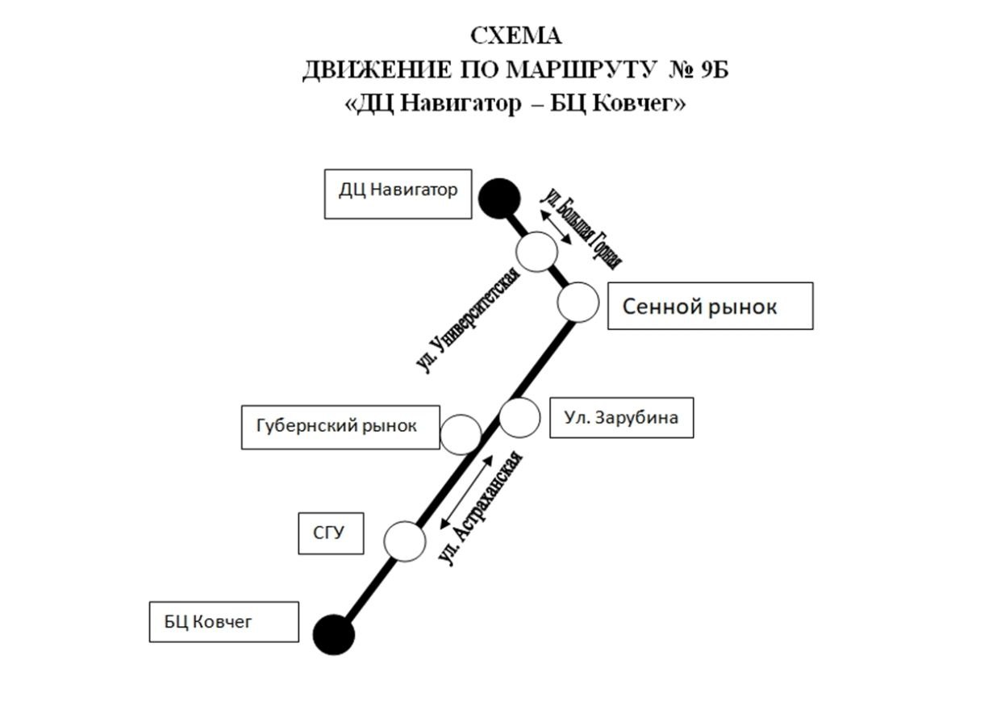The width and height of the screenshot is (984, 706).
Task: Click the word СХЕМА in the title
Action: point(516,36)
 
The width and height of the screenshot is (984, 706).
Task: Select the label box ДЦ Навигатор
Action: point(398,194)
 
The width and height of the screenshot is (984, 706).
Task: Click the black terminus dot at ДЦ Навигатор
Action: point(499,198)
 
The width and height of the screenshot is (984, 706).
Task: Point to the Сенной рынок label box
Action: point(710,306)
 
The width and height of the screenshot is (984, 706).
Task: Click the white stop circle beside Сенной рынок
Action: point(578,303)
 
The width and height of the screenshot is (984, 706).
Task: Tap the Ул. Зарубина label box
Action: point(621,417)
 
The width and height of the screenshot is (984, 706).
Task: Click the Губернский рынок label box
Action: point(340,427)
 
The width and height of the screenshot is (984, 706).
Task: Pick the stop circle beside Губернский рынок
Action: point(461,434)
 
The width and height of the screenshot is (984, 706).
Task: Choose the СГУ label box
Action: point(331,533)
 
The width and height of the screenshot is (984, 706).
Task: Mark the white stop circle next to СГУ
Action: point(404,541)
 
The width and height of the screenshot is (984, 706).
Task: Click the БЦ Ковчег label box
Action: point(223,621)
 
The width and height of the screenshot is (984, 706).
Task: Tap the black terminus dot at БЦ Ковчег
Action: point(334,634)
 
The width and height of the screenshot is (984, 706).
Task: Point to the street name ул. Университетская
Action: point(468,320)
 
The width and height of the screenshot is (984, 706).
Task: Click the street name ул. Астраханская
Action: point(485,508)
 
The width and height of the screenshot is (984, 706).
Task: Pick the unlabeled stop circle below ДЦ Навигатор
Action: point(536,251)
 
